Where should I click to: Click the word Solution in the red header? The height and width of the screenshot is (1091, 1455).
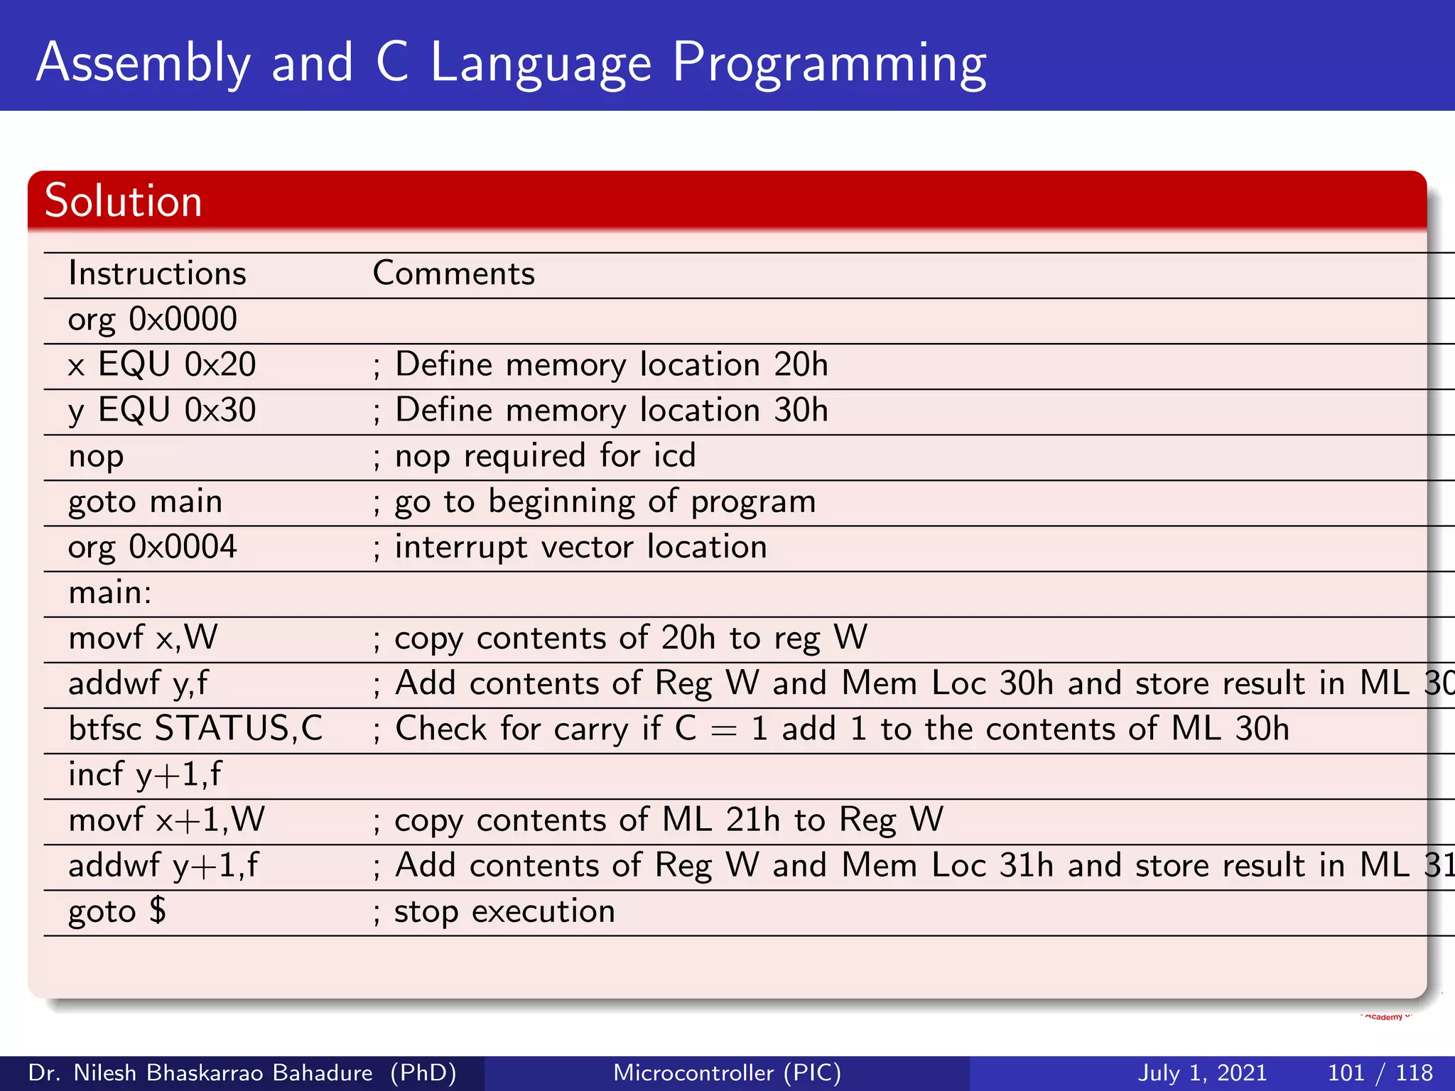click(124, 201)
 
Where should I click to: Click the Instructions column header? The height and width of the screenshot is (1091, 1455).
click(157, 274)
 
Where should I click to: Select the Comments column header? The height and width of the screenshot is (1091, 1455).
click(453, 274)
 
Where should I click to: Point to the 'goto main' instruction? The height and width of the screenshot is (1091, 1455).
click(146, 502)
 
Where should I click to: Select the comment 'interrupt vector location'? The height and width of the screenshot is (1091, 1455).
click(580, 548)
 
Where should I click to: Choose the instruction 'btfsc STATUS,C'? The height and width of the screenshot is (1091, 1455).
click(195, 729)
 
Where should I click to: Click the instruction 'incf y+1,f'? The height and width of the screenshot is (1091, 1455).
click(145, 775)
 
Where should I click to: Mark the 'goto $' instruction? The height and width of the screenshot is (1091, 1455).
click(117, 912)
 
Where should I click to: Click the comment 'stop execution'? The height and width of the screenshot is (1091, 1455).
click(504, 912)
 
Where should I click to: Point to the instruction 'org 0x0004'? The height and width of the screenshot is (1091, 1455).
click(152, 548)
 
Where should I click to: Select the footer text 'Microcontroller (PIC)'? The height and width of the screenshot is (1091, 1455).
click(727, 1073)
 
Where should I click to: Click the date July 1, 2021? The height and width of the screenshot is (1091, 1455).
click(1202, 1073)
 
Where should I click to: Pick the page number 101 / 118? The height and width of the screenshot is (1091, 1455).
click(1380, 1073)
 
